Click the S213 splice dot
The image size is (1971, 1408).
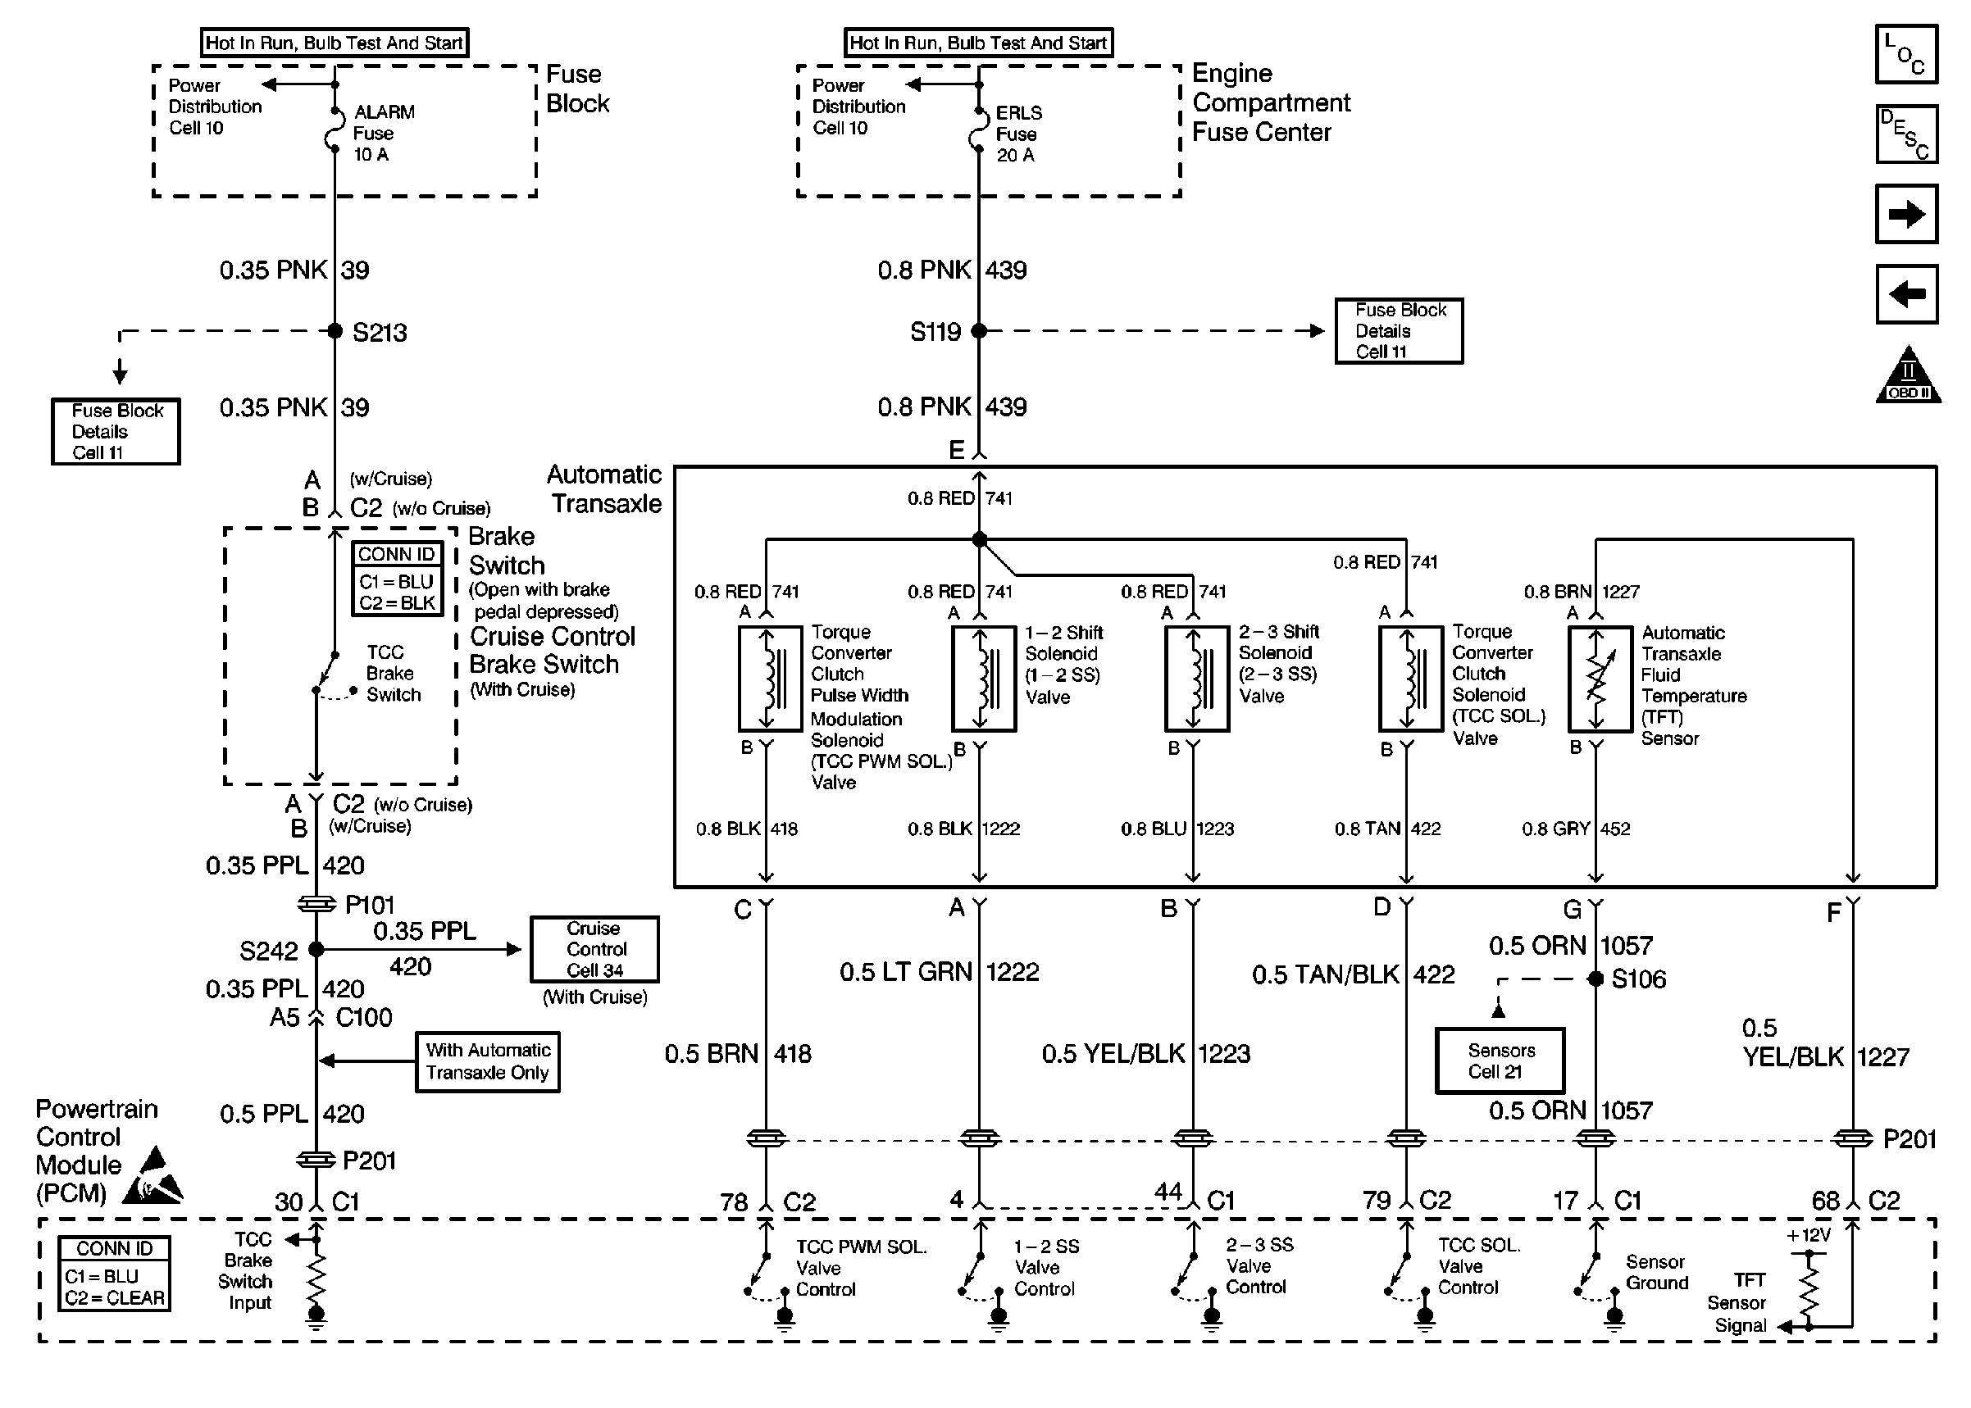coord(335,330)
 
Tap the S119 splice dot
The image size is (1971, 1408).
coord(978,330)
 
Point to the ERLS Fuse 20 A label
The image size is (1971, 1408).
coord(1018,134)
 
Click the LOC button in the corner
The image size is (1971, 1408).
coord(1906,54)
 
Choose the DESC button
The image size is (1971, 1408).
coord(1906,134)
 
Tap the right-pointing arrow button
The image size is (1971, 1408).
coord(1906,214)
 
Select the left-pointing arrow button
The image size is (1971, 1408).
coord(1906,294)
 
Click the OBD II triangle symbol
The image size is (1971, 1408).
coord(1908,375)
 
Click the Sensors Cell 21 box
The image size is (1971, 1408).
coord(1500,1061)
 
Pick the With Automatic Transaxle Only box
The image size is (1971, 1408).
coord(487,1061)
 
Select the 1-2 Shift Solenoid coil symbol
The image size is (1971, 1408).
coord(983,679)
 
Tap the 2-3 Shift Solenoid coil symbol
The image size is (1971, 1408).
coord(1197,679)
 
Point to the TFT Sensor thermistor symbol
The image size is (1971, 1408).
coord(1600,679)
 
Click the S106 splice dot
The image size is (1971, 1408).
coord(1595,979)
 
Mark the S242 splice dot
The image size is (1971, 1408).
coord(316,949)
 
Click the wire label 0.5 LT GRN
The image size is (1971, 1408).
coord(905,972)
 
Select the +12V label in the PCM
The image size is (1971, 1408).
coord(1808,1234)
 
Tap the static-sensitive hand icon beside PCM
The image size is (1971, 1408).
coord(152,1177)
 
